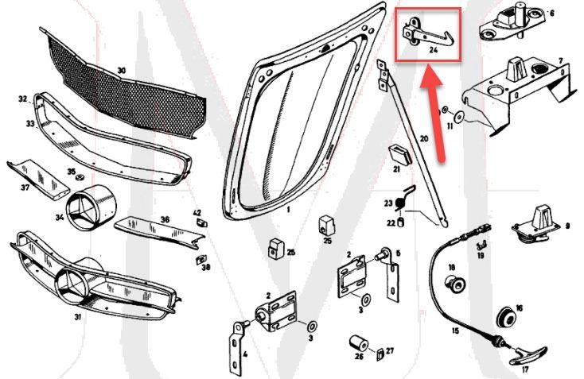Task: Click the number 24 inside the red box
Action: (x=434, y=48)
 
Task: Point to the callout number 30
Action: (x=121, y=71)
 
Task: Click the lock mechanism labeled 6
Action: (x=513, y=23)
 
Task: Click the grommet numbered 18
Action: (x=457, y=282)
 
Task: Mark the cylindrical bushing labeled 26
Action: (x=357, y=344)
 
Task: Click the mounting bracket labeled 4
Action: (x=236, y=350)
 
